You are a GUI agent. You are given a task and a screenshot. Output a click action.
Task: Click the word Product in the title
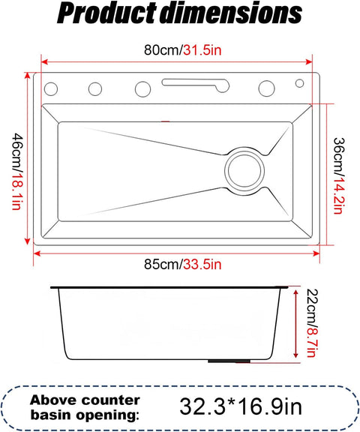click(x=107, y=13)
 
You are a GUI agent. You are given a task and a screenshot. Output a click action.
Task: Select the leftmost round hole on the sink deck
click(x=51, y=88)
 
